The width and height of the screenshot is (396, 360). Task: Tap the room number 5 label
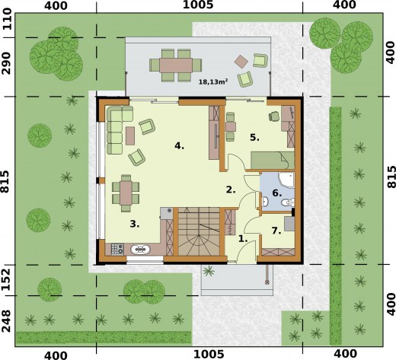pyautogui.click(x=255, y=138)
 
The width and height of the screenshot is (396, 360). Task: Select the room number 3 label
pyautogui.click(x=134, y=224)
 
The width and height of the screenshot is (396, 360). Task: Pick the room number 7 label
pyautogui.click(x=276, y=229)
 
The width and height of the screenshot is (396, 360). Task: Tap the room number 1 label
pyautogui.click(x=244, y=238)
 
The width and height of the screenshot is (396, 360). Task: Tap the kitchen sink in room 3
pyautogui.click(x=141, y=249)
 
